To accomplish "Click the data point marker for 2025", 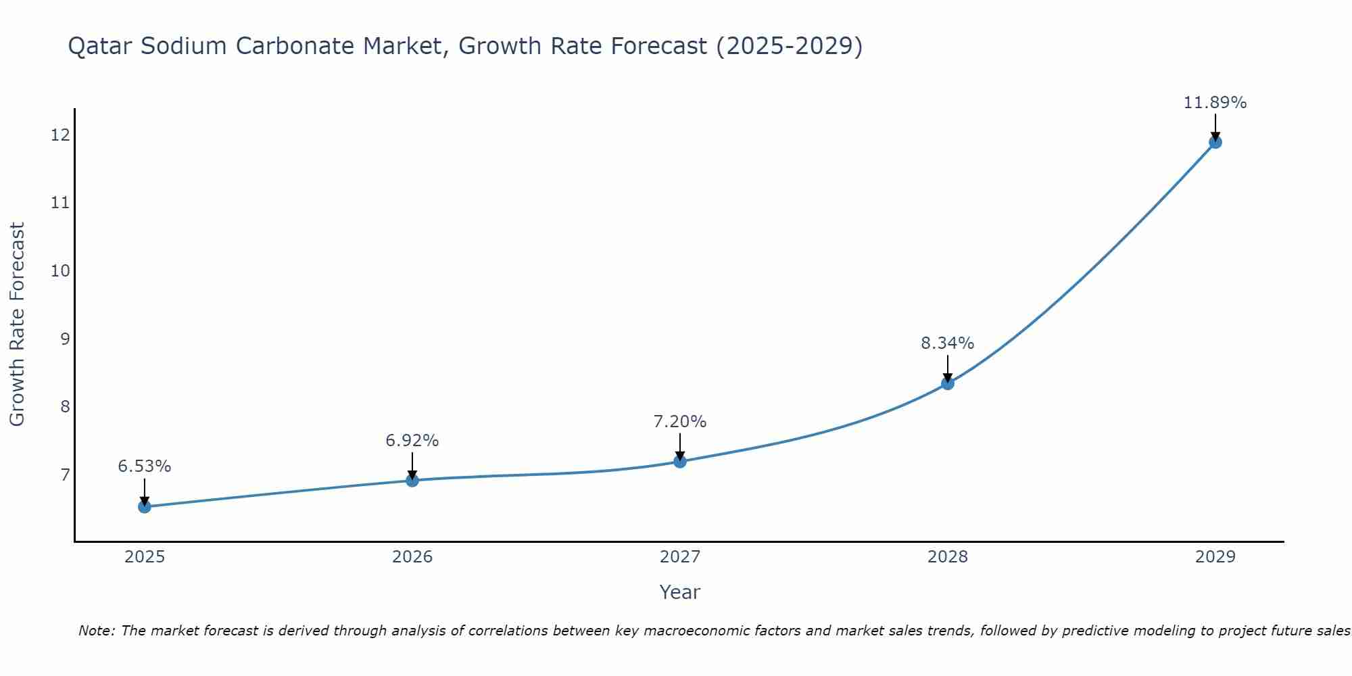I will click(145, 506).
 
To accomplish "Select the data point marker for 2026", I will click(412, 480).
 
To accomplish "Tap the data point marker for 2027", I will click(680, 461).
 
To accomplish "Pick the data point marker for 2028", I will click(948, 383).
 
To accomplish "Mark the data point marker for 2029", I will click(1215, 142).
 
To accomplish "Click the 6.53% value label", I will click(145, 466).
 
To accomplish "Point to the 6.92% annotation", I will click(412, 441).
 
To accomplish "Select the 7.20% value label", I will click(680, 422).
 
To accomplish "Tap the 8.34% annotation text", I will click(948, 343).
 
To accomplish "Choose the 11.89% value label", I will click(1215, 103).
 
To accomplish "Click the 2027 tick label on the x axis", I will click(680, 557).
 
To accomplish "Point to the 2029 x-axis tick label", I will click(1215, 557).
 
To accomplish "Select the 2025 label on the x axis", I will click(145, 557).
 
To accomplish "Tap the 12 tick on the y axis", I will click(60, 135).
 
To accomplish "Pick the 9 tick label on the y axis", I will click(65, 339).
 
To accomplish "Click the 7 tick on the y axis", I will click(65, 475).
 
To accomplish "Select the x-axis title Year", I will click(679, 592).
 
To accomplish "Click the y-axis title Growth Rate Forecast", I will click(18, 324).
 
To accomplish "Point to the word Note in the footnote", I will click(96, 631).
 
